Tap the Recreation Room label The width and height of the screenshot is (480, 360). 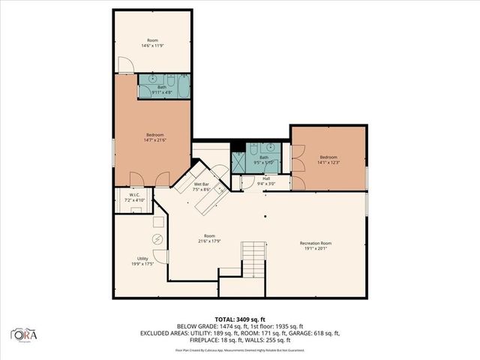point(316,244)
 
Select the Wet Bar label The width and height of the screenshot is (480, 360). point(202,184)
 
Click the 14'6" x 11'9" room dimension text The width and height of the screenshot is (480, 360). point(153,46)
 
